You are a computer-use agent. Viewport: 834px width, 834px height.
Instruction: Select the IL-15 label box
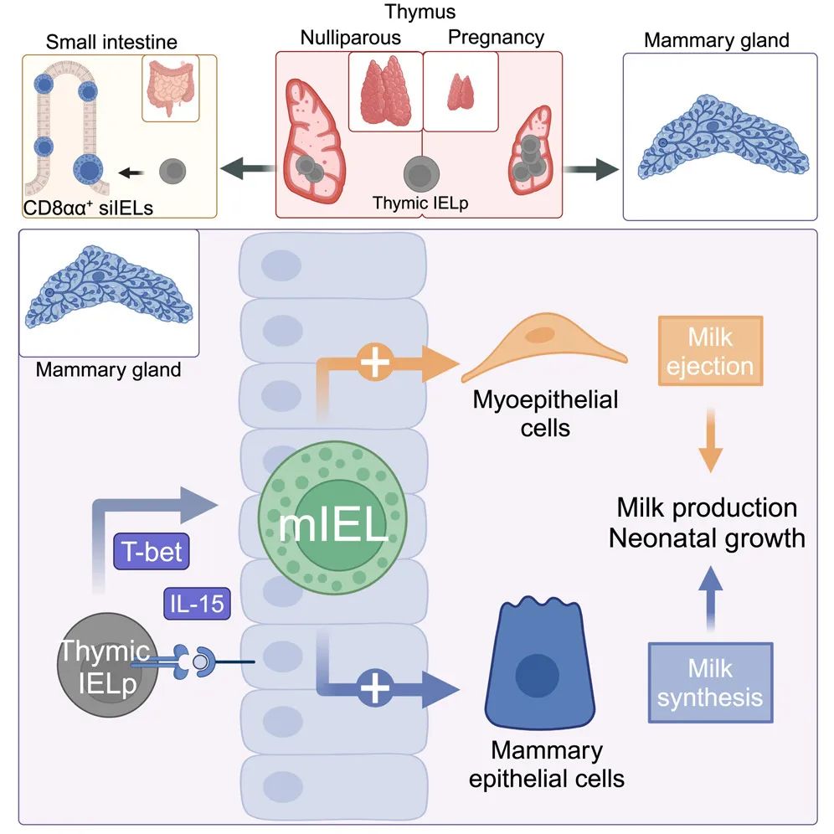194,602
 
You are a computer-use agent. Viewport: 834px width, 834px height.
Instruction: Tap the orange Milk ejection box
710,352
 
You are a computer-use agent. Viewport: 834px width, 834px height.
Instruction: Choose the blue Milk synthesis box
710,682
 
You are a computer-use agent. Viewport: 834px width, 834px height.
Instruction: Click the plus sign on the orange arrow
373,363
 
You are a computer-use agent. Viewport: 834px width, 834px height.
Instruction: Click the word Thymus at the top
416,13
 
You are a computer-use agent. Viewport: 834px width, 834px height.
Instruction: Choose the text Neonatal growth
707,538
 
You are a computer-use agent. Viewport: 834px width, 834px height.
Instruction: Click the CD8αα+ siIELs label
90,206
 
